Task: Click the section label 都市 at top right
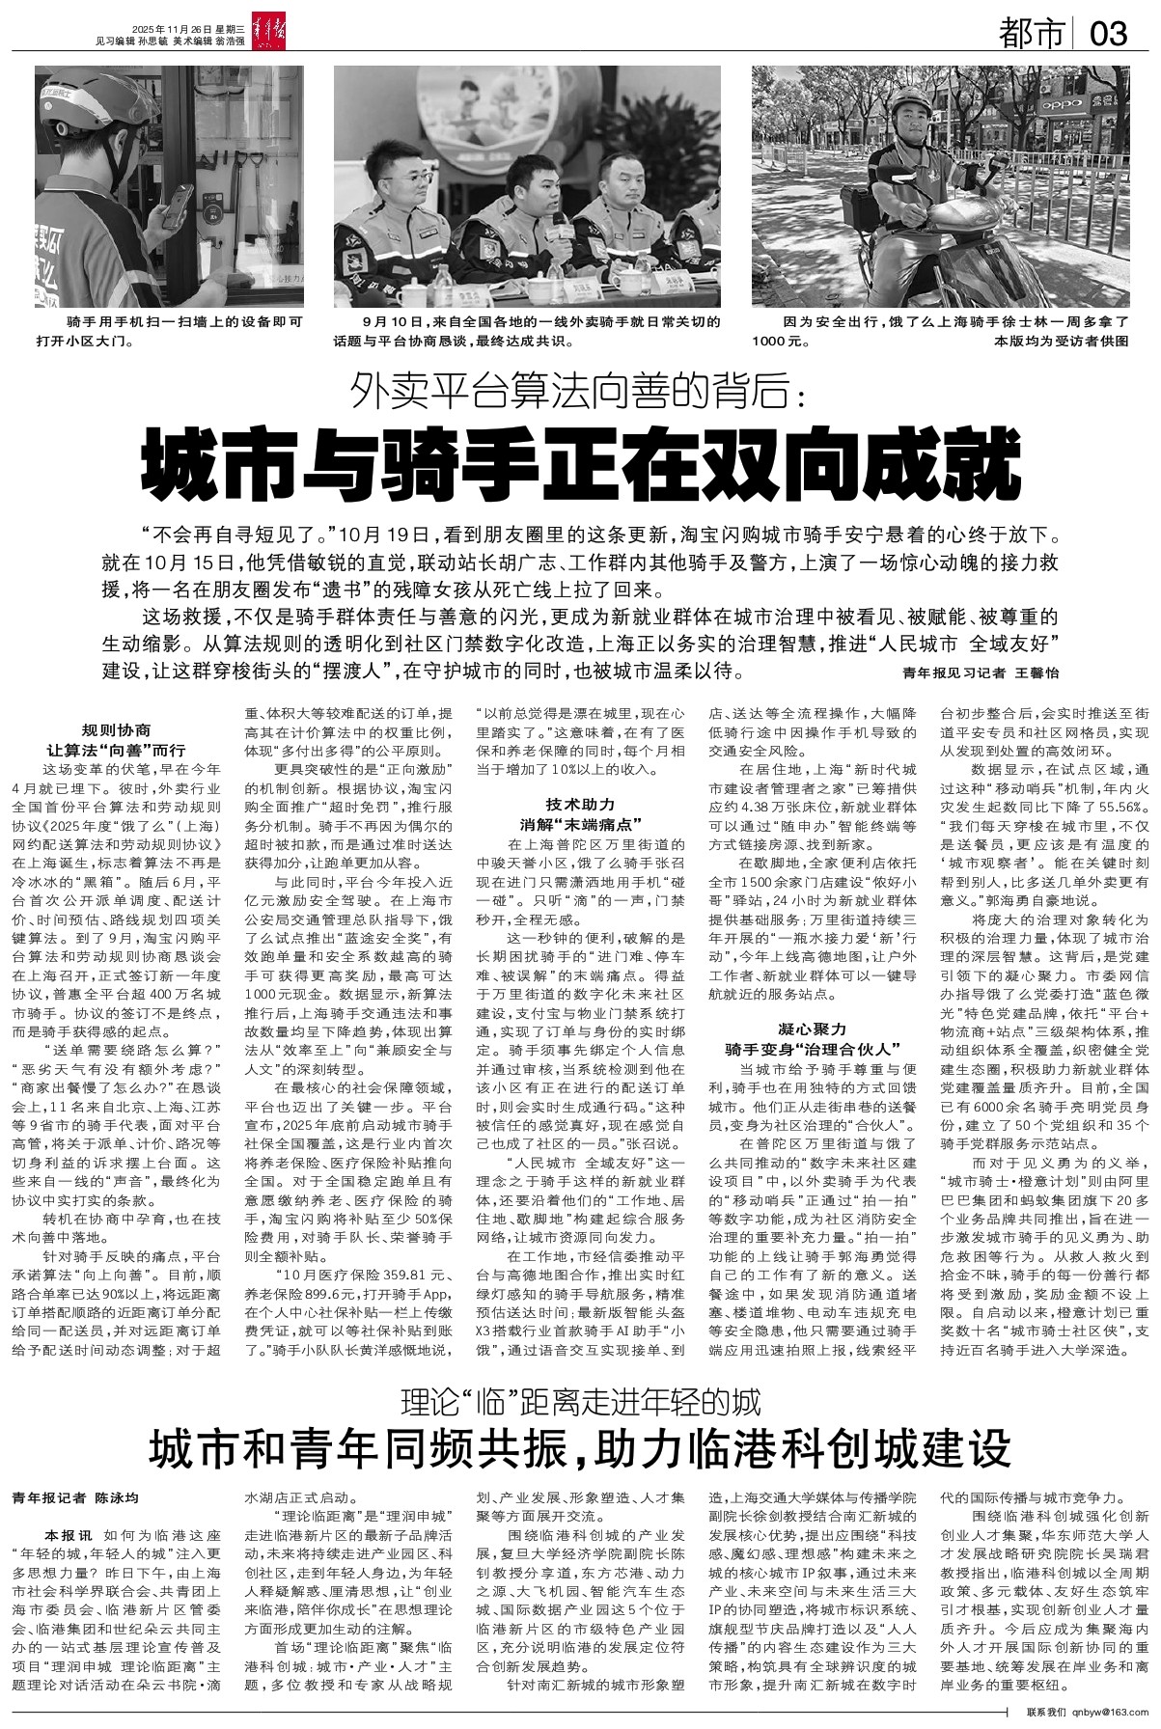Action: pos(1032,35)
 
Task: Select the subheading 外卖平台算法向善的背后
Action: pos(581,391)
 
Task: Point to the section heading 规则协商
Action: pos(116,730)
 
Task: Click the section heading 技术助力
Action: pos(580,803)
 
